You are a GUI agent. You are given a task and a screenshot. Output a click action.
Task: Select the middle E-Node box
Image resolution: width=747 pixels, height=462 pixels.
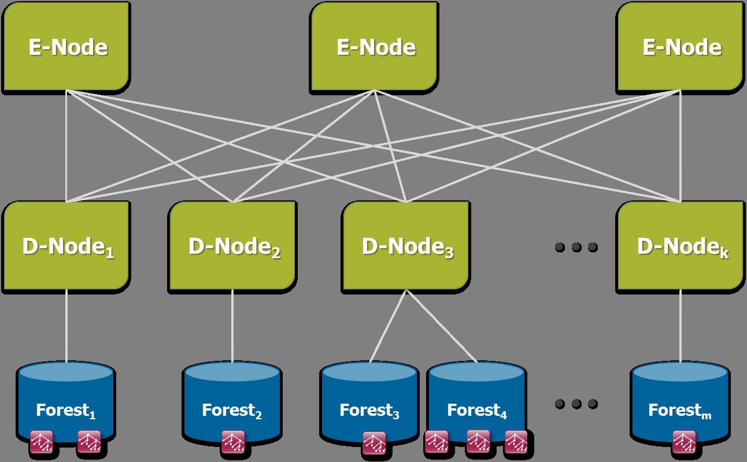375,46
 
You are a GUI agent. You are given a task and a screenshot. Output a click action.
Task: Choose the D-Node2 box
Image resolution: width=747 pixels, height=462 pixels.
232,246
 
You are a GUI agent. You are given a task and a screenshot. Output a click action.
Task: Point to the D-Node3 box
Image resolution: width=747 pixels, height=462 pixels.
406,246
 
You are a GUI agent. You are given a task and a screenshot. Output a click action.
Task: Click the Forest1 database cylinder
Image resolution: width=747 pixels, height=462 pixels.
66,398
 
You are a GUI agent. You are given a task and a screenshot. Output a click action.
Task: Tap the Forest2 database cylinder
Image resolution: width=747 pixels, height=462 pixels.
232,398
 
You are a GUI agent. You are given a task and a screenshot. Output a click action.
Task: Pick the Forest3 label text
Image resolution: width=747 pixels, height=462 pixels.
369,411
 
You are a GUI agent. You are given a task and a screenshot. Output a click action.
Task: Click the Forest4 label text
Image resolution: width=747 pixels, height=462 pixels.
477,411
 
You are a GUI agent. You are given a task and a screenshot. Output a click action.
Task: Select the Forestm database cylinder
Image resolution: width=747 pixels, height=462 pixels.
680,398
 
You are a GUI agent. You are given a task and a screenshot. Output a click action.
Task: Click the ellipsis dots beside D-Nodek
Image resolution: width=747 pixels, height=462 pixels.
576,247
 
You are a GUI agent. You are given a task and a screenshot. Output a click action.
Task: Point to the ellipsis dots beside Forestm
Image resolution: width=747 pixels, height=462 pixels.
576,404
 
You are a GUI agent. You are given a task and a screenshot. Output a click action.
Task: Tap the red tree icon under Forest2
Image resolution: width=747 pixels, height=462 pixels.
233,442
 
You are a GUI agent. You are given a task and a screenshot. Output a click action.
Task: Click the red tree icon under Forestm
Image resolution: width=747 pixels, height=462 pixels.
684,442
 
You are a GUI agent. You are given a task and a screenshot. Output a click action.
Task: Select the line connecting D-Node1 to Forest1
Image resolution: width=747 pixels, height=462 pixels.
66,326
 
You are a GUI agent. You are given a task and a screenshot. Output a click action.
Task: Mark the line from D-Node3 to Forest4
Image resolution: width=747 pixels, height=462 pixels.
442,327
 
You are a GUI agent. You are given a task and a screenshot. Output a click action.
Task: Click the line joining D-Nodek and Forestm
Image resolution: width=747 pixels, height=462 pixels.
681,326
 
